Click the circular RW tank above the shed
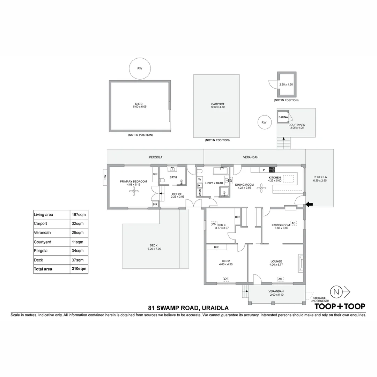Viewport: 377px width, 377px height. [140, 68]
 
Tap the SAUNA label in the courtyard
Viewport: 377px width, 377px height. [283, 117]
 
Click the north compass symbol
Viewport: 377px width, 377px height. [337, 291]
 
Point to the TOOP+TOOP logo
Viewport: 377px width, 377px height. [340, 306]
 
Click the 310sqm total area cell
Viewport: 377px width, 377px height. [79, 269]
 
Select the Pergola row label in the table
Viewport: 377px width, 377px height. [41, 251]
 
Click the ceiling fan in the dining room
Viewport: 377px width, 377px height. [261, 188]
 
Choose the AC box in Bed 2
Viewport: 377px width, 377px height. [226, 279]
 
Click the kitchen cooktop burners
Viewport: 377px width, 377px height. [272, 170]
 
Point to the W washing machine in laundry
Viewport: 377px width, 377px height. [200, 179]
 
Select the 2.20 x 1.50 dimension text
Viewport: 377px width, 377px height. [286, 85]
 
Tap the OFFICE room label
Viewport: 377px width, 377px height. [177, 194]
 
